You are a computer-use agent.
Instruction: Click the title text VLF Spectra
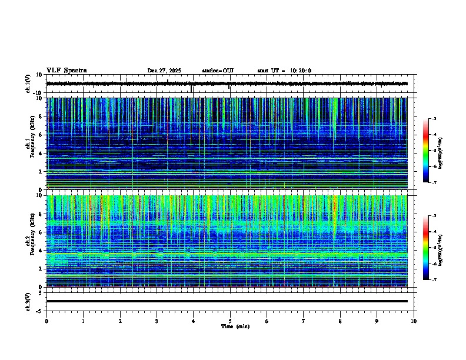click(x=66, y=71)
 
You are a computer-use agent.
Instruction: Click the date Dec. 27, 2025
click(x=164, y=71)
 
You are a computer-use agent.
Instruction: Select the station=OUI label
click(x=218, y=71)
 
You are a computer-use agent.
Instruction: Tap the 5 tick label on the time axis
click(x=230, y=321)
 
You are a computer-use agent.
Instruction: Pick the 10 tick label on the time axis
click(x=414, y=321)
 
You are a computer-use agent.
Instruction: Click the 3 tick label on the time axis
click(x=157, y=321)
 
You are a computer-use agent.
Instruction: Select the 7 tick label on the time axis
click(x=304, y=321)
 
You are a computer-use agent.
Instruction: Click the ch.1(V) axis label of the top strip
click(x=28, y=84)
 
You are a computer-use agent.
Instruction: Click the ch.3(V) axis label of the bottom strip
click(x=28, y=301)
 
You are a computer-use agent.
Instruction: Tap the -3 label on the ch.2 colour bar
click(x=434, y=216)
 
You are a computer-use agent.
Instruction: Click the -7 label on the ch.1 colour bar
click(x=434, y=182)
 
